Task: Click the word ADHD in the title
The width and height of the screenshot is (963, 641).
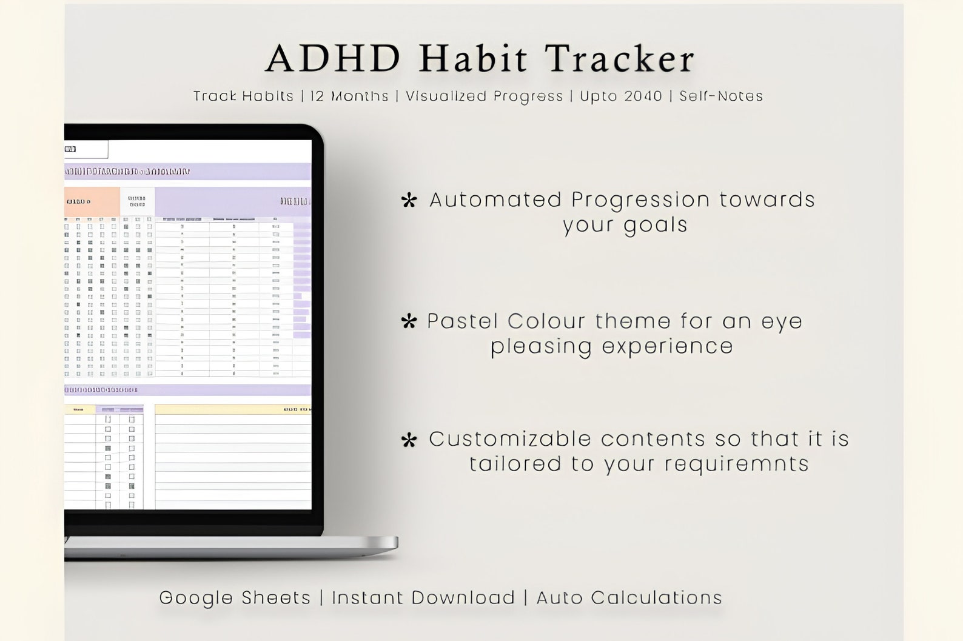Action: coord(333,59)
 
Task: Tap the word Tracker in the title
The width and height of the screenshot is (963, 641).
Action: coord(619,59)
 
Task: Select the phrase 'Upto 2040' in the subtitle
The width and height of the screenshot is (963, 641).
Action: coord(620,96)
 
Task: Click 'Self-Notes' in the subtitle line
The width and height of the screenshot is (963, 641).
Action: coord(720,96)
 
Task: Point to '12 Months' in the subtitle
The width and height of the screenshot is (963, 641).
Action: coord(349,96)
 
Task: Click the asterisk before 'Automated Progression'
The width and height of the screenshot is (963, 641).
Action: coord(409,201)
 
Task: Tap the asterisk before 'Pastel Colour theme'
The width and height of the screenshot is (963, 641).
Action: coord(409,322)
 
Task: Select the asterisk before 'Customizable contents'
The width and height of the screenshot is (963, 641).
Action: coord(409,440)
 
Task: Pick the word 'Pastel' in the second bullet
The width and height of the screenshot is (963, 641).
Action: coord(463,321)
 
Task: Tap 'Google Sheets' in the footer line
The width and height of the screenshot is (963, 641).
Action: coord(235,597)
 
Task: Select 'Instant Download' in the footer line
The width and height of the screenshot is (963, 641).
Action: coord(423,597)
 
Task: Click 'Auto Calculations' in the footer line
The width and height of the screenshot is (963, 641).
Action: coord(629,597)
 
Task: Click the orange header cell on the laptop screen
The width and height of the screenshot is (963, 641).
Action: coord(92,201)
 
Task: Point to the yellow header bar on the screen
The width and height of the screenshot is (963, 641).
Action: coord(233,409)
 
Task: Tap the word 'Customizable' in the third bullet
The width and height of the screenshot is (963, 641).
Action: coord(506,439)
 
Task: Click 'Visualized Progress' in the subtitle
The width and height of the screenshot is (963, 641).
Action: coord(484,96)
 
